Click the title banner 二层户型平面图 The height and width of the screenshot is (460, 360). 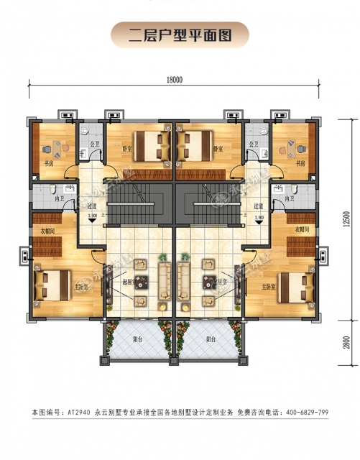pos(180,34)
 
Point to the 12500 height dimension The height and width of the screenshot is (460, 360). pos(346,217)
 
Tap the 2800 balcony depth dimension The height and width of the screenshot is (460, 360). pos(346,343)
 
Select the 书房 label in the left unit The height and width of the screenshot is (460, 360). pos(49,163)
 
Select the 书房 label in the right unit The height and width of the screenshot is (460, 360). pos(301,163)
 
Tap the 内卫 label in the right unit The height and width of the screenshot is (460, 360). pos(290,198)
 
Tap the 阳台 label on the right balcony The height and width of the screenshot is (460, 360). pos(211,339)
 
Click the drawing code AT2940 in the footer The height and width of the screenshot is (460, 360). pos(78,412)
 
